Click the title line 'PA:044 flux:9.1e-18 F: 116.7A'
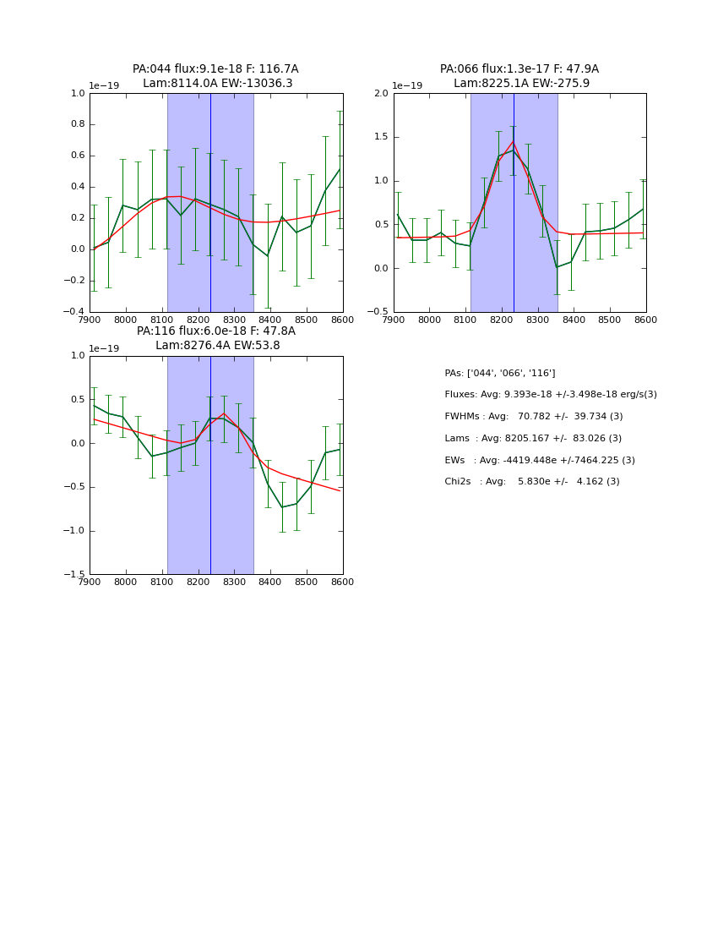pyautogui.click(x=215, y=69)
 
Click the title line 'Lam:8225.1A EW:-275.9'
pyautogui.click(x=521, y=84)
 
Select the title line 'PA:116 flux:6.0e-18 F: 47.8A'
pyautogui.click(x=216, y=331)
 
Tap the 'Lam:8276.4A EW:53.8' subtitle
pyautogui.click(x=217, y=346)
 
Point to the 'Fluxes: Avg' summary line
pyautogui.click(x=550, y=395)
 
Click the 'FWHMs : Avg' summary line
pyautogui.click(x=533, y=417)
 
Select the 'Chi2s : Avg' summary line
pyautogui.click(x=531, y=482)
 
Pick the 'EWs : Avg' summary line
pyautogui.click(x=539, y=460)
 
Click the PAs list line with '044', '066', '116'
pyautogui.click(x=499, y=373)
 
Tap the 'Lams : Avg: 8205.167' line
pyautogui.click(x=532, y=438)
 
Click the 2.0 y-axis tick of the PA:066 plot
pyautogui.click(x=380, y=93)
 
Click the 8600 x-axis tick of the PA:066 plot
pyautogui.click(x=645, y=320)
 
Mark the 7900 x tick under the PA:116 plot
pyautogui.click(x=90, y=583)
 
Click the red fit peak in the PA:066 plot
pyautogui.click(x=513, y=141)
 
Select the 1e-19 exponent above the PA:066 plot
pyautogui.click(x=406, y=86)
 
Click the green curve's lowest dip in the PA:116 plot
pyautogui.click(x=282, y=507)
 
